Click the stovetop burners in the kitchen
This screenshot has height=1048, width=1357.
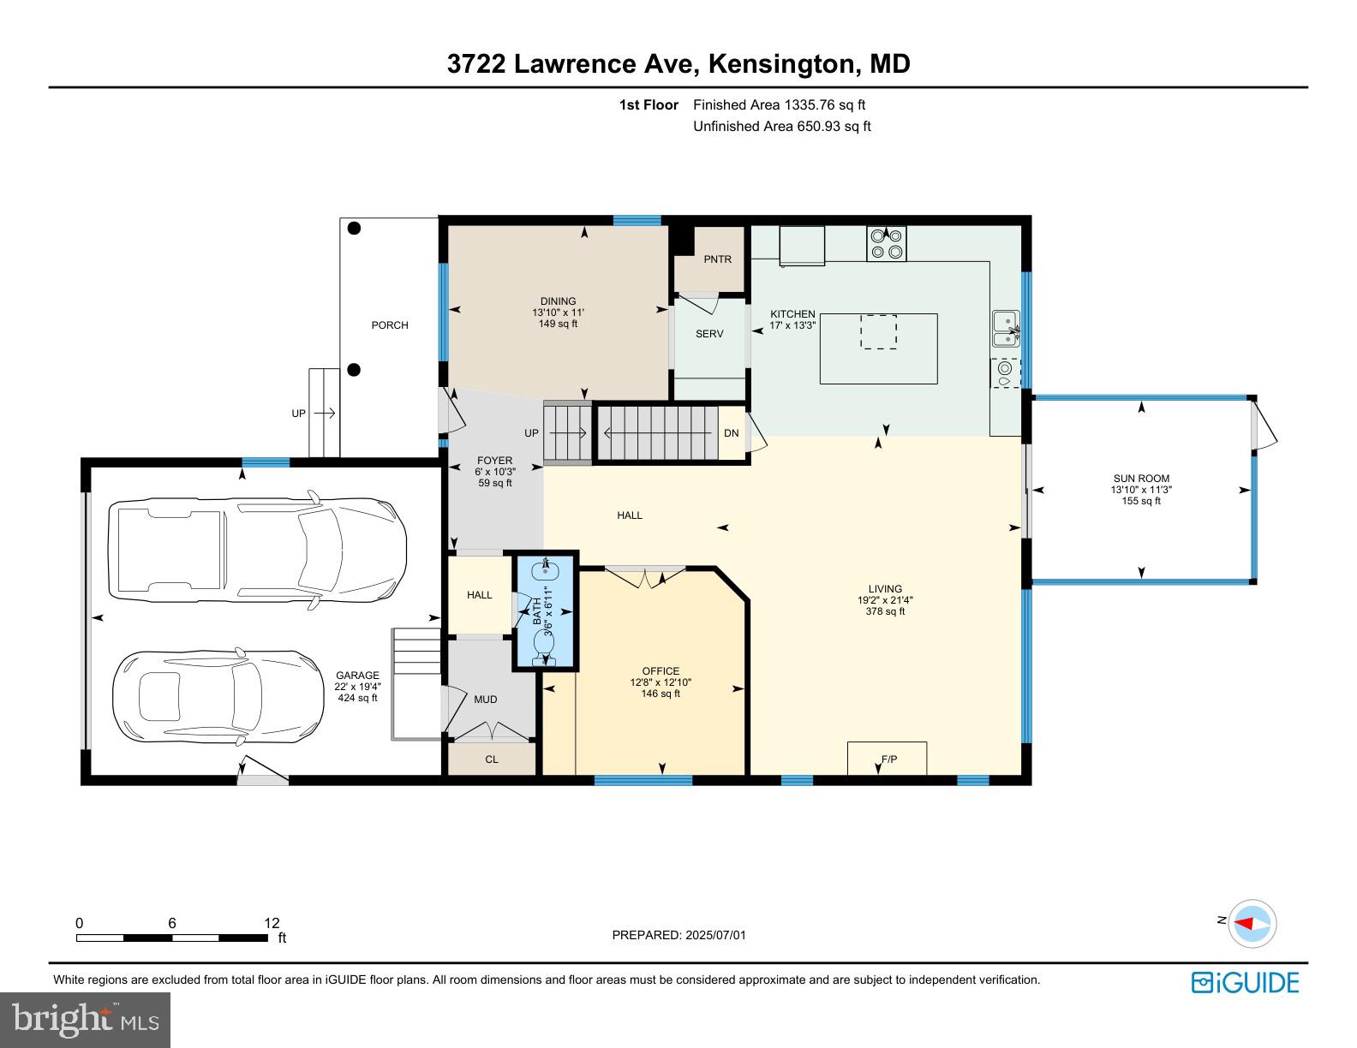click(x=886, y=243)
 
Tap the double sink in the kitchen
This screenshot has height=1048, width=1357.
click(x=1006, y=328)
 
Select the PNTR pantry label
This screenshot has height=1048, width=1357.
click(x=718, y=259)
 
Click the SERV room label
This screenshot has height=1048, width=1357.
click(x=709, y=334)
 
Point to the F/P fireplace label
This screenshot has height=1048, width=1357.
click(x=889, y=759)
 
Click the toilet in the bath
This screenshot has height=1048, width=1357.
click(x=545, y=646)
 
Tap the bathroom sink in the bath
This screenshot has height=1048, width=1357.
click(x=545, y=569)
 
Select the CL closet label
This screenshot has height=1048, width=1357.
click(x=492, y=759)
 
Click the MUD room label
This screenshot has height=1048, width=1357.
click(x=485, y=699)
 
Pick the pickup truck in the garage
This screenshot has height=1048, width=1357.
click(x=257, y=550)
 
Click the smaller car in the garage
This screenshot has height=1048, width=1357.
click(x=218, y=695)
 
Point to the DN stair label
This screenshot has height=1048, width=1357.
click(x=732, y=433)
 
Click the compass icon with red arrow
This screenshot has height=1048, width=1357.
click(x=1252, y=924)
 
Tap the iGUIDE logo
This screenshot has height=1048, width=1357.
click(x=1246, y=982)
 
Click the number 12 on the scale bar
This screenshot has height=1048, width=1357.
click(x=272, y=922)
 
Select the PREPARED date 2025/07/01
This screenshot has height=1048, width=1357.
click(x=715, y=935)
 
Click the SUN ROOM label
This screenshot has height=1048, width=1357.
click(x=1141, y=479)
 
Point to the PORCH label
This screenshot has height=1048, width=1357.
click(x=390, y=325)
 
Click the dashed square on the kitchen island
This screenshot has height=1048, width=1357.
click(x=879, y=331)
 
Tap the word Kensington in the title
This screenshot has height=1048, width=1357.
click(x=781, y=63)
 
